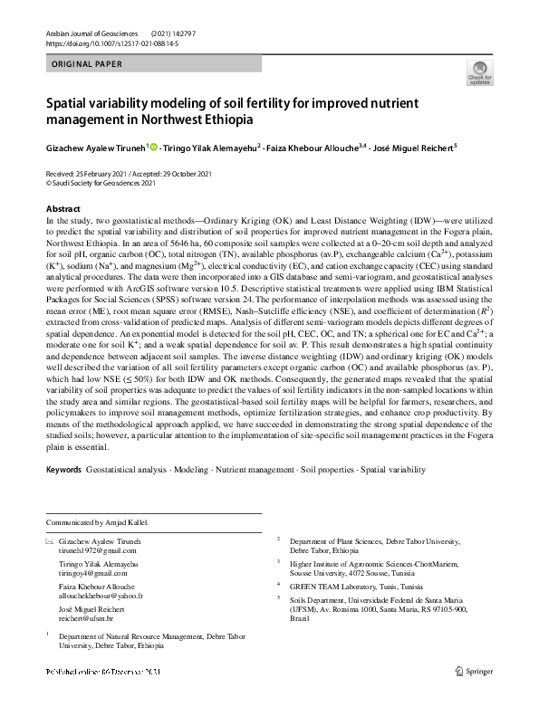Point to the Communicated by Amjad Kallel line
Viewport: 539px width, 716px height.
(x=97, y=522)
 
